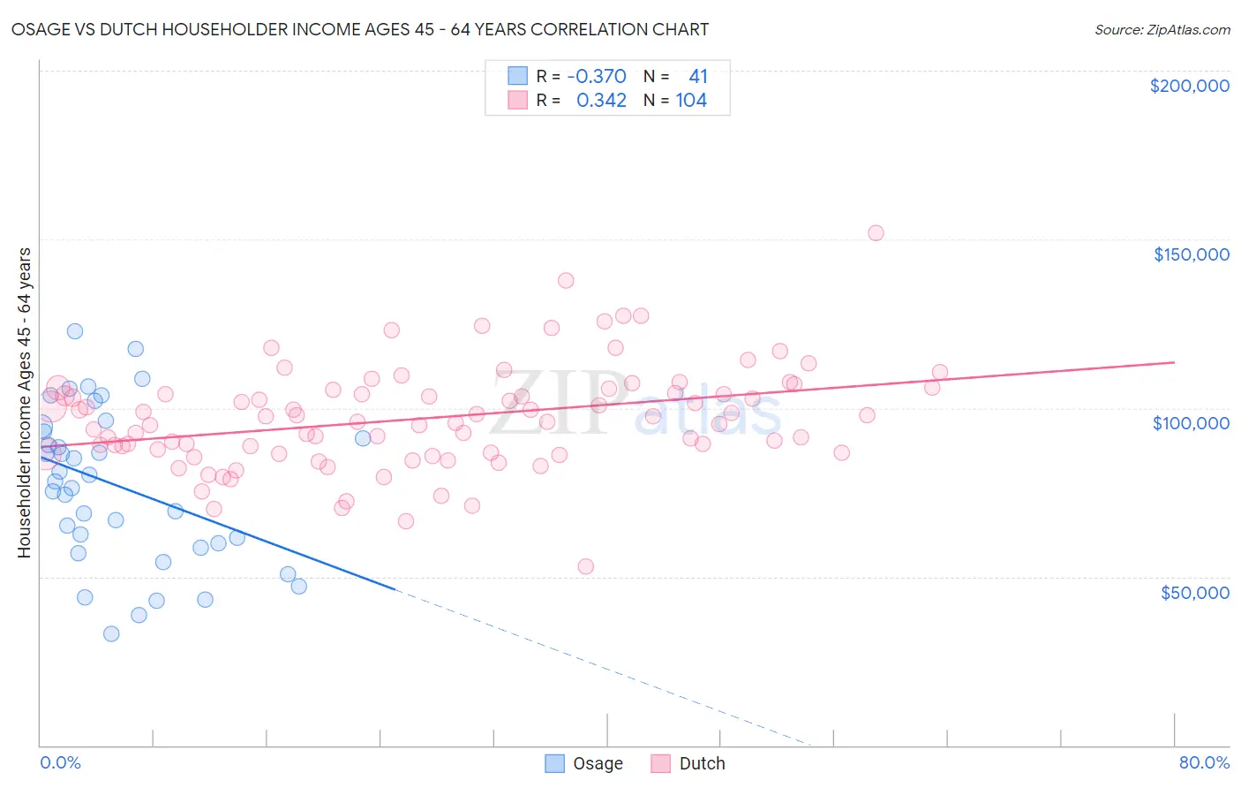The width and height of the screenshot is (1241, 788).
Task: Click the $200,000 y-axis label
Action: tap(1189, 86)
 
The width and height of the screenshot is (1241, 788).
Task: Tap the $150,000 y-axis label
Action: tap(1191, 254)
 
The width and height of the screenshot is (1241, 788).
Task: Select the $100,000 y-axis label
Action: tap(1191, 423)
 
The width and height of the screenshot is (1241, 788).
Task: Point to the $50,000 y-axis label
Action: tap(1194, 592)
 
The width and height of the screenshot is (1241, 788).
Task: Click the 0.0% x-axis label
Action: tap(60, 762)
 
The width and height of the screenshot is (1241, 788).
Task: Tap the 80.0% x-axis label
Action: tap(1204, 762)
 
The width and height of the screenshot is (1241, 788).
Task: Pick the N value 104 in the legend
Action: tap(691, 101)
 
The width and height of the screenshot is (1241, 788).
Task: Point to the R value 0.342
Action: tap(601, 101)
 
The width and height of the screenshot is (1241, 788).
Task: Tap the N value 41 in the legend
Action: tap(697, 76)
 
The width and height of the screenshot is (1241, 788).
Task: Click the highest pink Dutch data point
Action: tap(876, 233)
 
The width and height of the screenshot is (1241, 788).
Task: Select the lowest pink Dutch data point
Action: tap(585, 566)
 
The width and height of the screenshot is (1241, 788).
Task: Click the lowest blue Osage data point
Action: tap(111, 633)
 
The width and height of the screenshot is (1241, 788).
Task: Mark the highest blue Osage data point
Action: tap(75, 331)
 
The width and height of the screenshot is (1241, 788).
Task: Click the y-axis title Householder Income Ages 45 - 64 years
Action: tap(24, 403)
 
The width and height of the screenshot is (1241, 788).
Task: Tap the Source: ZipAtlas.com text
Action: tap(1162, 30)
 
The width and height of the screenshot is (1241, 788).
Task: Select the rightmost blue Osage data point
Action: tap(363, 438)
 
